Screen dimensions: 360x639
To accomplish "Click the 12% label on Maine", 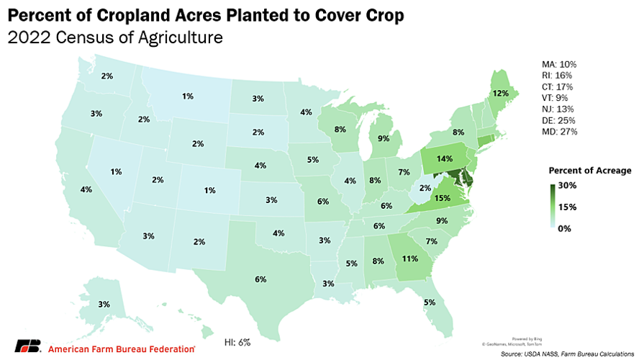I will pos(501,94).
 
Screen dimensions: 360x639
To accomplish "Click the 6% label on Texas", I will pos(260,279).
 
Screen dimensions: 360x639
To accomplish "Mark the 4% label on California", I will pos(86,190).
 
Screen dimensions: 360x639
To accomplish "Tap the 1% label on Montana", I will pos(187,96).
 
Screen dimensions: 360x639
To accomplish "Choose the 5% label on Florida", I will pos(430,302).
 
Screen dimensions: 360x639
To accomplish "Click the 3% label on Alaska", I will pos(104,305).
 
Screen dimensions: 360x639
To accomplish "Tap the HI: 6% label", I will pos(238,342).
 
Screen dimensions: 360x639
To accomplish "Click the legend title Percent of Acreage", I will pos(589,171).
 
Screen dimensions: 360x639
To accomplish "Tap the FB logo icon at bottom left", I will pos(27,347).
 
